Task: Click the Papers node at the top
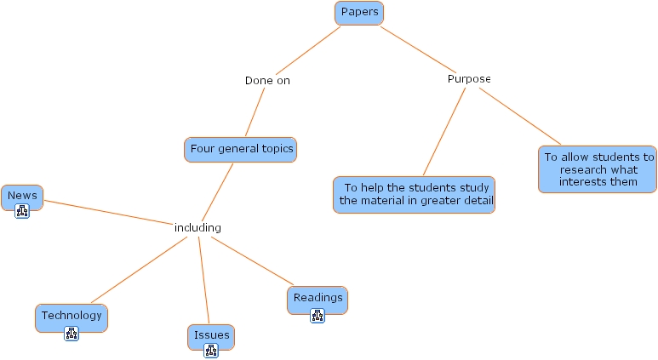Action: [359, 13]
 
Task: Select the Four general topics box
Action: [241, 150]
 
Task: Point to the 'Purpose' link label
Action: [469, 79]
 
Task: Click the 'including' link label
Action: [197, 228]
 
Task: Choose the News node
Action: [22, 196]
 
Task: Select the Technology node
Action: [72, 316]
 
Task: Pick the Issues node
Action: [211, 335]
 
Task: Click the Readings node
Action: [318, 298]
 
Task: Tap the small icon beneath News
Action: [22, 212]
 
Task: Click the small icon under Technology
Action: [72, 334]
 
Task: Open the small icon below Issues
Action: [211, 351]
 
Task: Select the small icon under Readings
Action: [318, 316]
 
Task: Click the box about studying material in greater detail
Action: [415, 195]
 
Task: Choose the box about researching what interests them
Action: [598, 169]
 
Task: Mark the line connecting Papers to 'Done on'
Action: [307, 50]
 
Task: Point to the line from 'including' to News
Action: [106, 213]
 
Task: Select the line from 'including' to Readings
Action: [252, 262]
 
